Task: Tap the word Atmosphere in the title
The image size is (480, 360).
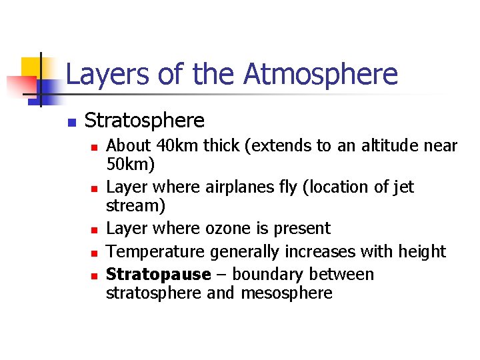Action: point(320,74)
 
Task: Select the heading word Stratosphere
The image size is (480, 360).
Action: point(145,121)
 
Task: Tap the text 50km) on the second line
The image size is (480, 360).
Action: point(130,163)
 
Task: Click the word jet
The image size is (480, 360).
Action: point(401,187)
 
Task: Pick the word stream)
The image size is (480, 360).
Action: point(136,205)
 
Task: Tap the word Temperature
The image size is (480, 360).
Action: point(156,251)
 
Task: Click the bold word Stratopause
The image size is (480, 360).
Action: point(158,275)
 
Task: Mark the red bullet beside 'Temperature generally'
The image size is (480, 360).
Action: point(95,253)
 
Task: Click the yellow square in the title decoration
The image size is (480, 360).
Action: point(32,67)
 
